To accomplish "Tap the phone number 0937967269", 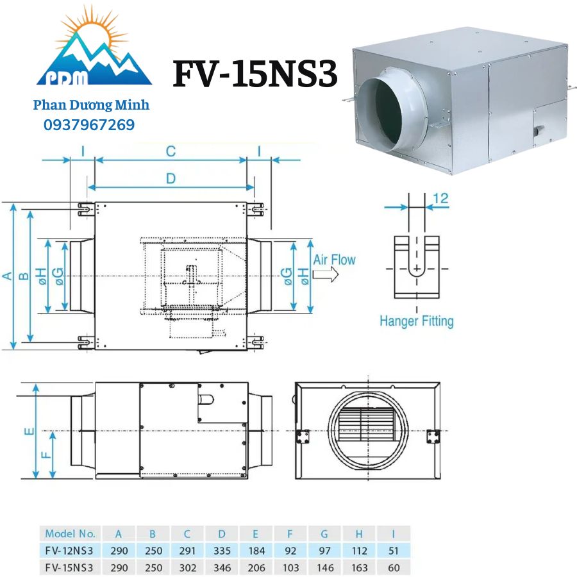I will [x=89, y=125].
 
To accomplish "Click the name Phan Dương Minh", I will [x=91, y=105].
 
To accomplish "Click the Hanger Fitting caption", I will [x=416, y=320].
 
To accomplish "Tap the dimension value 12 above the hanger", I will [x=440, y=199].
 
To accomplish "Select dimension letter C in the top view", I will [x=170, y=151].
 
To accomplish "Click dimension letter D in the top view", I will [x=170, y=179].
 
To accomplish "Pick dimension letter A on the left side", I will [x=7, y=276].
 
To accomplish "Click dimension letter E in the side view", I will [x=29, y=431].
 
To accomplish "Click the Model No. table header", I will [x=70, y=533].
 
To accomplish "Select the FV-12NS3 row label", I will [x=69, y=550].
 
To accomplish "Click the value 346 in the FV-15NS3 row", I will [x=221, y=567].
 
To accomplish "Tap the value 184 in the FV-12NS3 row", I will [x=255, y=550].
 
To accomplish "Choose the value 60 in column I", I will [x=393, y=567].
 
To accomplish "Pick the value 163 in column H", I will [x=359, y=567].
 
